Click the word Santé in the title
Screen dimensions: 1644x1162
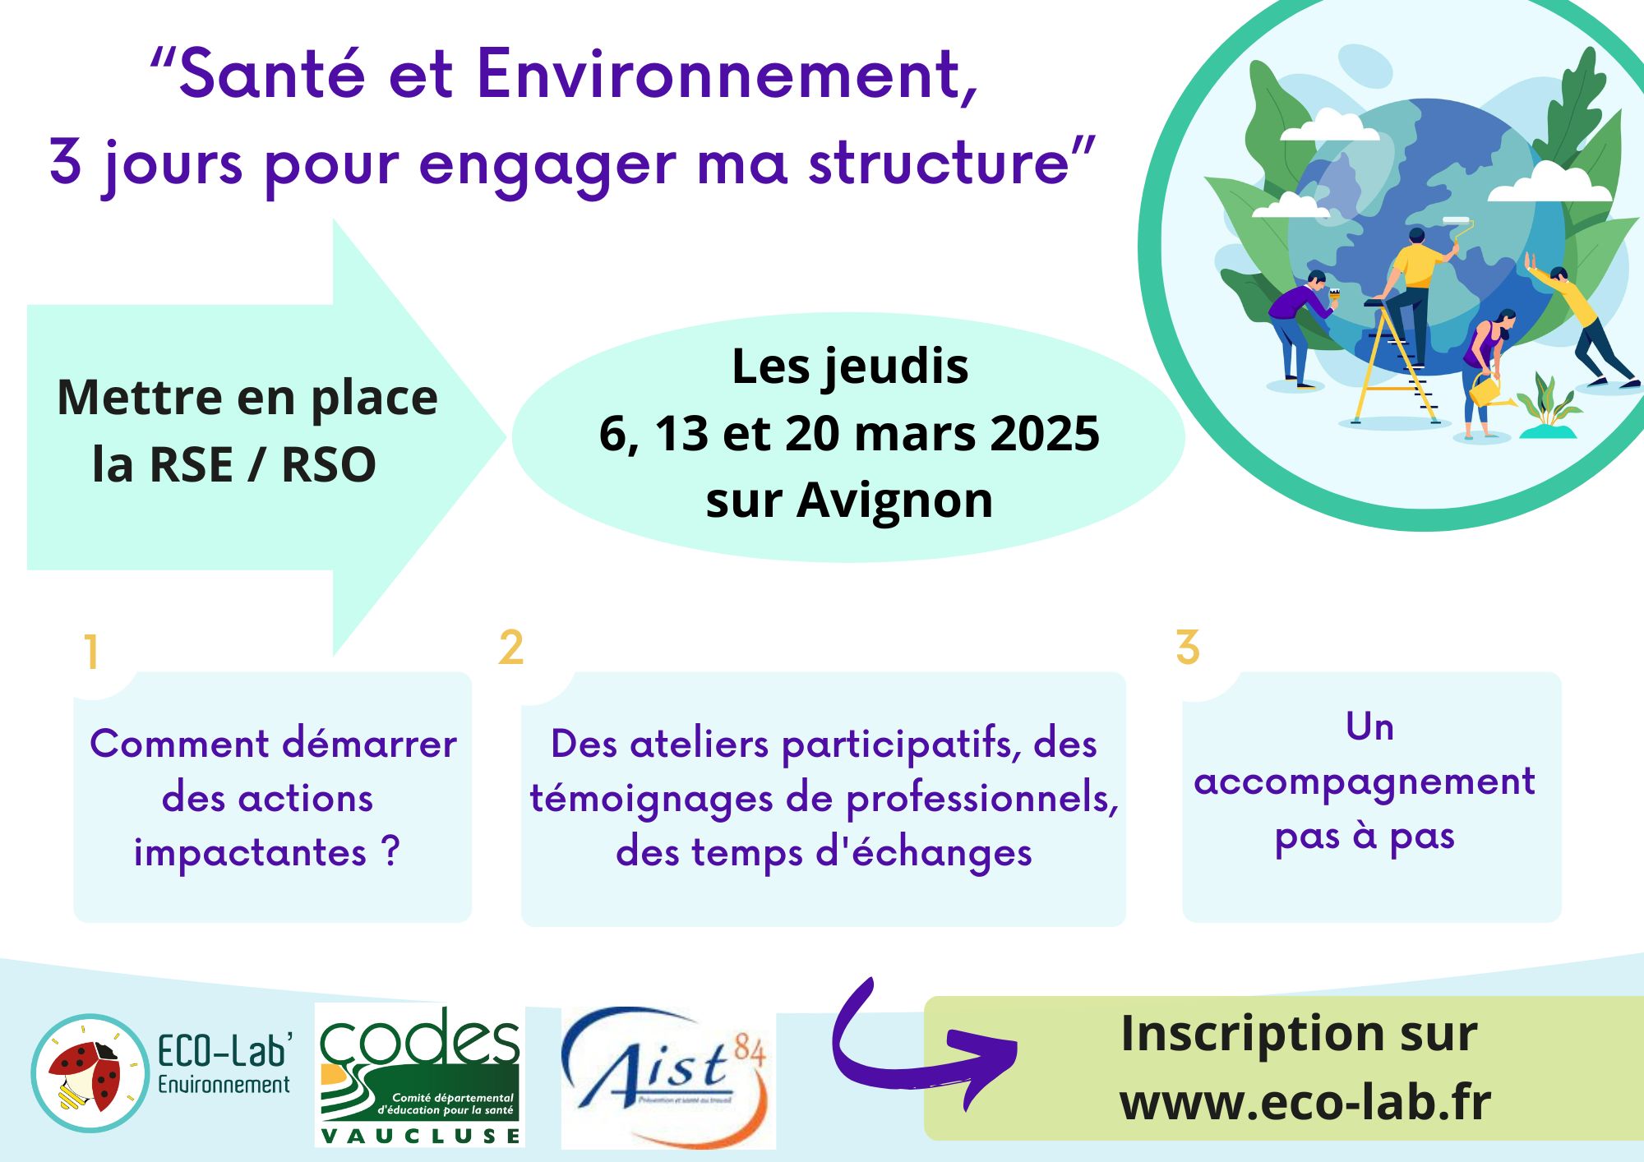pyautogui.click(x=272, y=74)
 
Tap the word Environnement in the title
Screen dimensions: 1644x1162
pyautogui.click(x=727, y=74)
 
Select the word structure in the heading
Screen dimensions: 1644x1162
pyautogui.click(x=938, y=161)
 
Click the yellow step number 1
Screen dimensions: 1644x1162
pyautogui.click(x=91, y=652)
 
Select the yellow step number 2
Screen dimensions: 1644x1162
pyautogui.click(x=510, y=647)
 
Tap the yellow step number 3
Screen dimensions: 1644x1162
pyautogui.click(x=1188, y=647)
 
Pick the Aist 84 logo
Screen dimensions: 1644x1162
pyautogui.click(x=668, y=1077)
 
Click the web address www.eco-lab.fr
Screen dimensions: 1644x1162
pyautogui.click(x=1305, y=1102)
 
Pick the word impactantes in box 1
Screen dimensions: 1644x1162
pyautogui.click(x=250, y=853)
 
